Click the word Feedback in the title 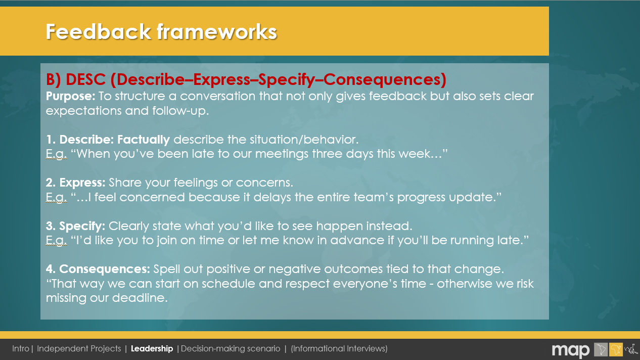pyautogui.click(x=98, y=31)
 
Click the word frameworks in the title pyautogui.click(x=217, y=31)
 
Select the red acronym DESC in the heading pyautogui.click(x=86, y=79)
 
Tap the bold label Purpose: pyautogui.click(x=71, y=96)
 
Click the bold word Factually pyautogui.click(x=144, y=140)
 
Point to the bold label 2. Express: pyautogui.click(x=76, y=183)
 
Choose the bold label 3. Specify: pyautogui.click(x=75, y=227)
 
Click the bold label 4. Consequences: pyautogui.click(x=98, y=269)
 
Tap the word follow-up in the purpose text pyautogui.click(x=180, y=111)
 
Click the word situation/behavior pyautogui.click(x=304, y=140)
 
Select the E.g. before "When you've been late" pyautogui.click(x=56, y=154)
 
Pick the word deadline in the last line pyautogui.click(x=140, y=298)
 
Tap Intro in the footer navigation pyautogui.click(x=21, y=348)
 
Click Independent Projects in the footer pyautogui.click(x=79, y=349)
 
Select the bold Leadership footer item pyautogui.click(x=152, y=349)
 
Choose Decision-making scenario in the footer pyautogui.click(x=231, y=349)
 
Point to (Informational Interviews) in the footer pyautogui.click(x=339, y=349)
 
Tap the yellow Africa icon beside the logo pyautogui.click(x=616, y=349)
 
